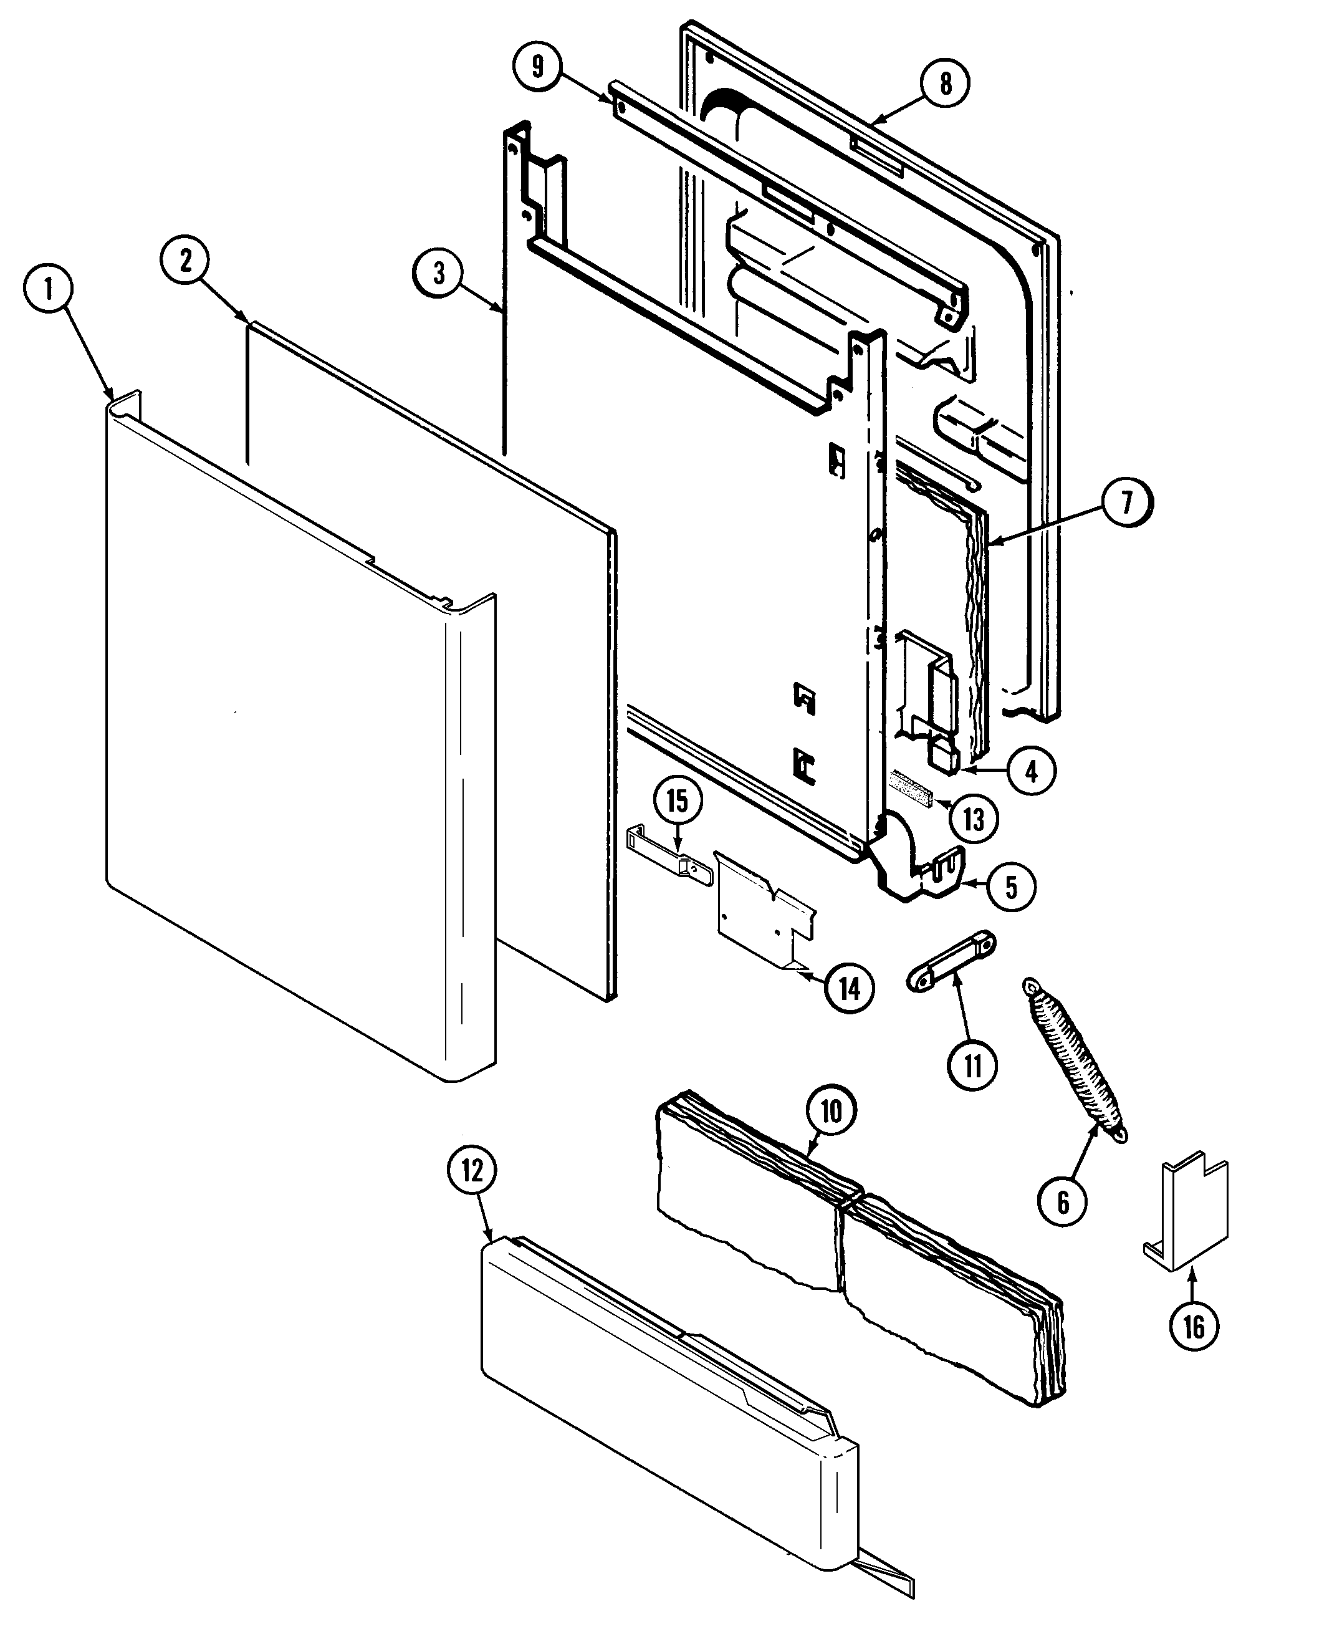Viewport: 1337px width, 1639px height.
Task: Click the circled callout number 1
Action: click(49, 290)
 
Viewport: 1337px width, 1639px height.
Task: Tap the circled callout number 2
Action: click(186, 261)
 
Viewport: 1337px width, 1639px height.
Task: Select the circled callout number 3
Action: click(438, 272)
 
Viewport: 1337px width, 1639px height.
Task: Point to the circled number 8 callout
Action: click(945, 83)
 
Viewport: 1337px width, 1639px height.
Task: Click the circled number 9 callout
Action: click(537, 66)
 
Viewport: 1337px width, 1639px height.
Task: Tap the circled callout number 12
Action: click(471, 1171)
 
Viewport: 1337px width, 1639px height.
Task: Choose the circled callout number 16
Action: click(1193, 1326)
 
